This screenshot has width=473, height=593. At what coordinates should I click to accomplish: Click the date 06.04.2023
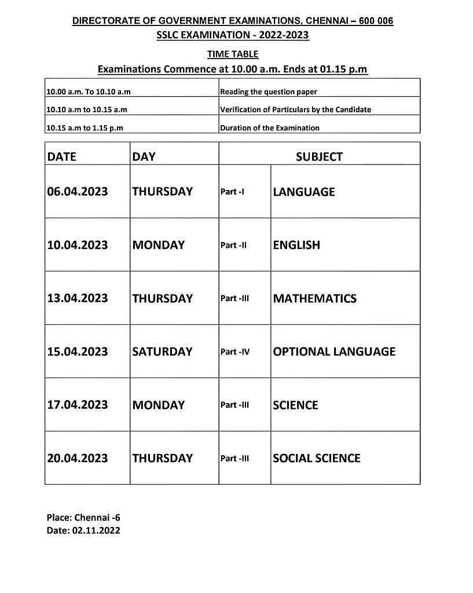click(x=78, y=192)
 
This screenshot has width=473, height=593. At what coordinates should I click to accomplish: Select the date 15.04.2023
click(x=78, y=352)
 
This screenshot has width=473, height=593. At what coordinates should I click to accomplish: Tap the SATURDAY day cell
click(x=162, y=352)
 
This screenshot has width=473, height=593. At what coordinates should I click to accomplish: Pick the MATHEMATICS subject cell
click(x=314, y=298)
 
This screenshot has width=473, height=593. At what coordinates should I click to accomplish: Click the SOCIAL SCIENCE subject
click(x=316, y=458)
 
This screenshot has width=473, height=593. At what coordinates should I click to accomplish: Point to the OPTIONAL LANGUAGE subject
click(x=334, y=352)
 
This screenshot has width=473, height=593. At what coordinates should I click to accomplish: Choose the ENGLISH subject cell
click(x=296, y=245)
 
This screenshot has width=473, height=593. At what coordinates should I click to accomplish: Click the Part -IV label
click(x=235, y=352)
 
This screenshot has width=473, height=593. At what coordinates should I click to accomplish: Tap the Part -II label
click(x=233, y=245)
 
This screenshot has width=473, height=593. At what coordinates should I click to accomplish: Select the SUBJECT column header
click(x=319, y=156)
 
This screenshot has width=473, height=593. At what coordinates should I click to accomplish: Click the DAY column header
click(x=144, y=156)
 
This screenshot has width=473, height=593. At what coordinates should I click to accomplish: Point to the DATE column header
click(x=62, y=156)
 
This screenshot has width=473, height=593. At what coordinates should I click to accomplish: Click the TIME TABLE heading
click(x=233, y=54)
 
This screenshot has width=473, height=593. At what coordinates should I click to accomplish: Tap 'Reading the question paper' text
click(x=269, y=91)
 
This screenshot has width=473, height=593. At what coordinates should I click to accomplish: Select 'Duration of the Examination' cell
click(x=270, y=128)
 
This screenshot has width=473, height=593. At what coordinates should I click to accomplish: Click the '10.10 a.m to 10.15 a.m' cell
click(x=87, y=109)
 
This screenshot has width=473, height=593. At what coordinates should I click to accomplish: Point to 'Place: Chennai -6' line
click(x=83, y=518)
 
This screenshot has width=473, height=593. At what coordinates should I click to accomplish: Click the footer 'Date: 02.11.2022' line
click(x=83, y=530)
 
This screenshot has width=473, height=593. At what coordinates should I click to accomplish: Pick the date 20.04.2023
click(x=78, y=458)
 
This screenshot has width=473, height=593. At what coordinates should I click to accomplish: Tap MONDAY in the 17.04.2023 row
click(x=159, y=405)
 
